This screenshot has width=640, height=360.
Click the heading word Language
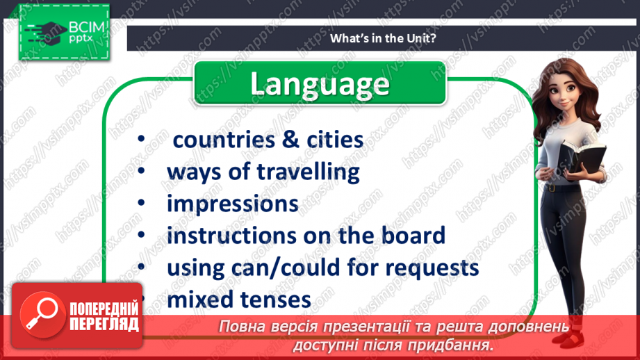(319, 84)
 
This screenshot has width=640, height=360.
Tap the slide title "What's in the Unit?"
(384, 38)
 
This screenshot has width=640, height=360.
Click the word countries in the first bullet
(223, 140)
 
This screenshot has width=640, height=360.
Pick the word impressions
(233, 204)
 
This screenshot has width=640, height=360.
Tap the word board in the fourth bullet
(409, 236)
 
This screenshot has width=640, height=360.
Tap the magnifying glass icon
(38, 313)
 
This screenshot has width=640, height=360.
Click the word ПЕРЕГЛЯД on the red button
(104, 324)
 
